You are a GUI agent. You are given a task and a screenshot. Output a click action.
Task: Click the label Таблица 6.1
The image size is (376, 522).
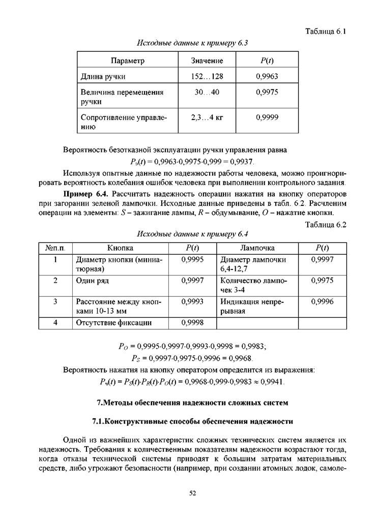coord(326,32)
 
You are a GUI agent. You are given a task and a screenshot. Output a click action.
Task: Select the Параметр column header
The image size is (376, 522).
coord(128,61)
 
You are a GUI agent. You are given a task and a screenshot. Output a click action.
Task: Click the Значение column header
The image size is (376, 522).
coord(207,61)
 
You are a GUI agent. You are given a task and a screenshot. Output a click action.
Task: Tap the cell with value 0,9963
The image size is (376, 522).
coord(267,77)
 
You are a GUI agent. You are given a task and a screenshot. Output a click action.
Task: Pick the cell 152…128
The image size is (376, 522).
coord(207,77)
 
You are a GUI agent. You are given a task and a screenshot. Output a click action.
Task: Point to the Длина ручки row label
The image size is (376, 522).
coord(103,77)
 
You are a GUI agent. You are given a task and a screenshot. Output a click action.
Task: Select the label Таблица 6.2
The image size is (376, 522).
coord(326,224)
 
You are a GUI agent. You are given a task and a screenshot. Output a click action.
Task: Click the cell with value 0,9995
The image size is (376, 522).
coord(192,259)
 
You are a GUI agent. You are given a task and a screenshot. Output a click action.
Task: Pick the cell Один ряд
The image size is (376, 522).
coord(93,280)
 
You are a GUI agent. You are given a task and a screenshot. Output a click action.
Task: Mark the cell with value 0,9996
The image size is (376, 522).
coord(322,301)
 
